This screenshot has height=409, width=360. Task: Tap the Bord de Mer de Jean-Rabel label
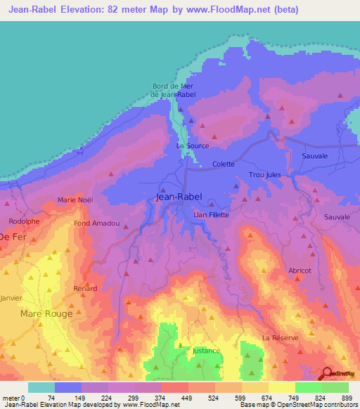(173, 91)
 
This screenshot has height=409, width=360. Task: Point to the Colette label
(224, 164)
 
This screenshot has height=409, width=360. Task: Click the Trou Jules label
(264, 175)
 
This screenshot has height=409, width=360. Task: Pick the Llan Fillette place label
(211, 214)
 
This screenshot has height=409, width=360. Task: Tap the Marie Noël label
(75, 200)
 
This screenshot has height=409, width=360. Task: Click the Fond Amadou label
(96, 223)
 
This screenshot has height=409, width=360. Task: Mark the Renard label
(85, 288)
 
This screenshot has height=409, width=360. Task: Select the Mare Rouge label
(46, 313)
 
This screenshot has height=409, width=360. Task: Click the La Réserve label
(280, 337)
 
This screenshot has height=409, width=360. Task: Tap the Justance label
(206, 351)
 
